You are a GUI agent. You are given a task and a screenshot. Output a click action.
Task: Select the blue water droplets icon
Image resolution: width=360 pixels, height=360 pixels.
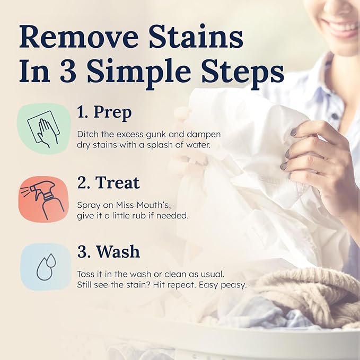point(45,267)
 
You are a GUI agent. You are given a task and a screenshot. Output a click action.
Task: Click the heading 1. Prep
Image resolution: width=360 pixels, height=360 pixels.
point(104,113)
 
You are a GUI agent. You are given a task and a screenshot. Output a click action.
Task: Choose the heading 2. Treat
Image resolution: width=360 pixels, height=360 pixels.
point(109,183)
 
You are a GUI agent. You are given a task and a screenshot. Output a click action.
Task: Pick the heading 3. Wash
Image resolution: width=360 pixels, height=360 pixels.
point(109,251)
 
